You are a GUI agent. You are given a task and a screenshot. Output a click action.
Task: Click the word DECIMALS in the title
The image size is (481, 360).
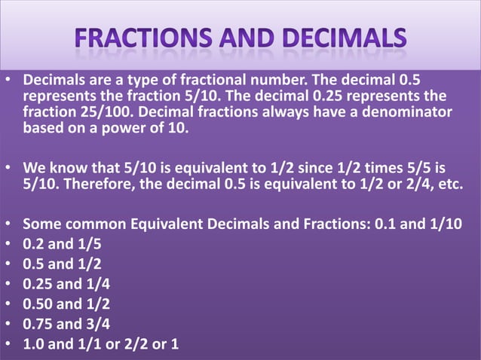[x=343, y=37]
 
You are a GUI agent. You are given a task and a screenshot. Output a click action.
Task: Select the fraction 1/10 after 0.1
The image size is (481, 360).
[x=442, y=224]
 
